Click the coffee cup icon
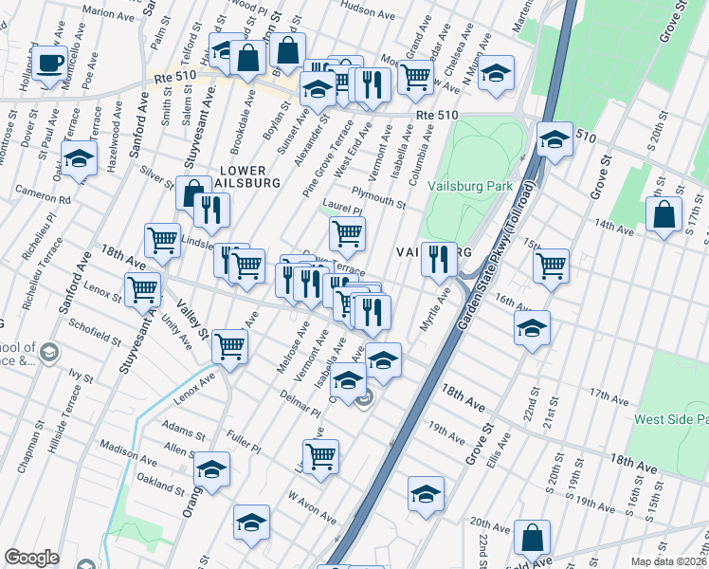(50, 64)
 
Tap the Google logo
(31, 558)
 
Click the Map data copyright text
(669, 561)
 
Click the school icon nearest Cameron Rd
(80, 157)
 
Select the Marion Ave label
(109, 15)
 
